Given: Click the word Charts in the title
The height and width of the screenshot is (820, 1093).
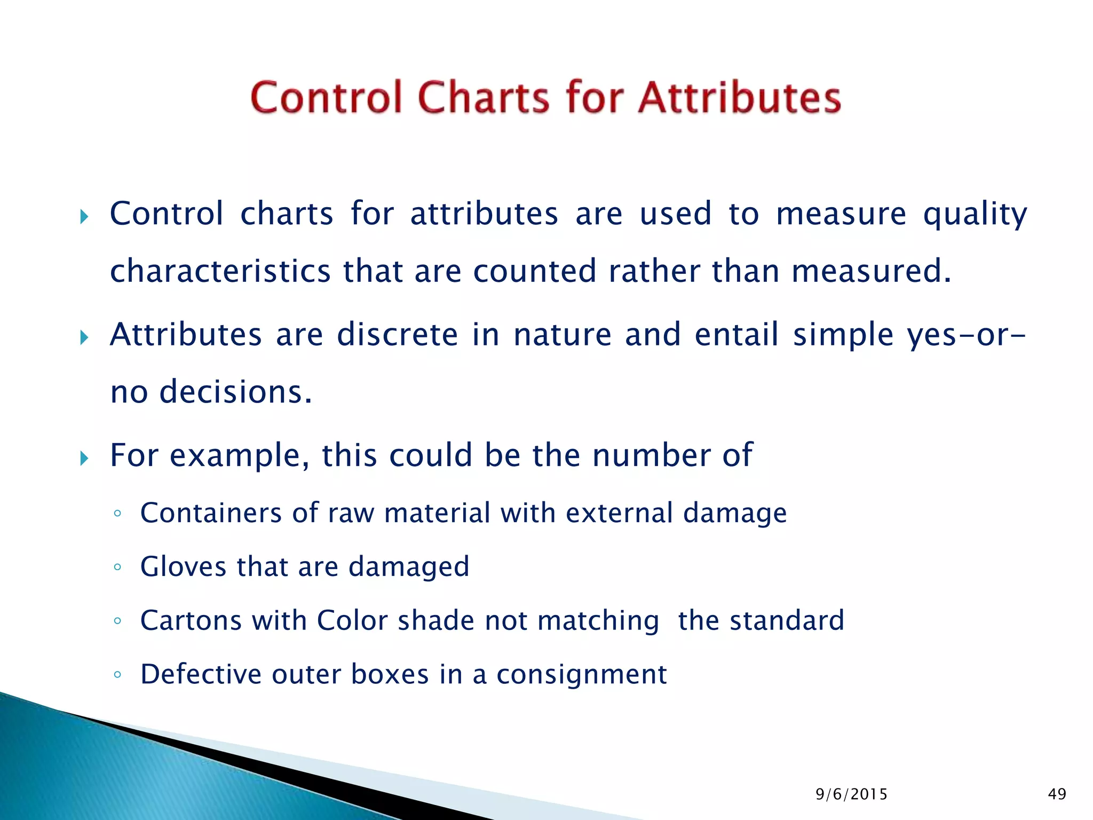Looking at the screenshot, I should (483, 98).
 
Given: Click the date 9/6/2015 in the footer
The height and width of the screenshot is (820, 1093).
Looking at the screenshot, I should (851, 794).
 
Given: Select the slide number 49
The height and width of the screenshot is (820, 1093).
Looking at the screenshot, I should (1057, 794).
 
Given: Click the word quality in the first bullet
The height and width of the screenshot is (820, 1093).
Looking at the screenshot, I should (975, 215).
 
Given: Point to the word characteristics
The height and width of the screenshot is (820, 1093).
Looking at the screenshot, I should (220, 271).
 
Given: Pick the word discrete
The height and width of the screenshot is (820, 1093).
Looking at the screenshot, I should (397, 335).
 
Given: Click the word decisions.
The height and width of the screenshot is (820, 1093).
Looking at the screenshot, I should (235, 392).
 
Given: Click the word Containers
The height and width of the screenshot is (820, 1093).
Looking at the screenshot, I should (210, 513).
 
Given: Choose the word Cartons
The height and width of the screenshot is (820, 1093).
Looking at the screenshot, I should (191, 620).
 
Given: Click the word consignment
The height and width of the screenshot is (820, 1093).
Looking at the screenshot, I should (581, 675).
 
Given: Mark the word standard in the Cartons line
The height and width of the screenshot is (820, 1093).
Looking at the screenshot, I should (787, 620).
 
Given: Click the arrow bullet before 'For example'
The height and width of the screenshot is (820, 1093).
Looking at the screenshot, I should (84, 458).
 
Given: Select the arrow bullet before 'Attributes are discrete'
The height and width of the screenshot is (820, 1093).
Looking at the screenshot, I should (84, 337).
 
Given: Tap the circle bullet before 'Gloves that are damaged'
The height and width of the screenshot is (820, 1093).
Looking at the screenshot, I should (117, 567).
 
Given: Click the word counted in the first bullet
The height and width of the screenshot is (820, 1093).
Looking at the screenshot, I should (534, 271).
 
